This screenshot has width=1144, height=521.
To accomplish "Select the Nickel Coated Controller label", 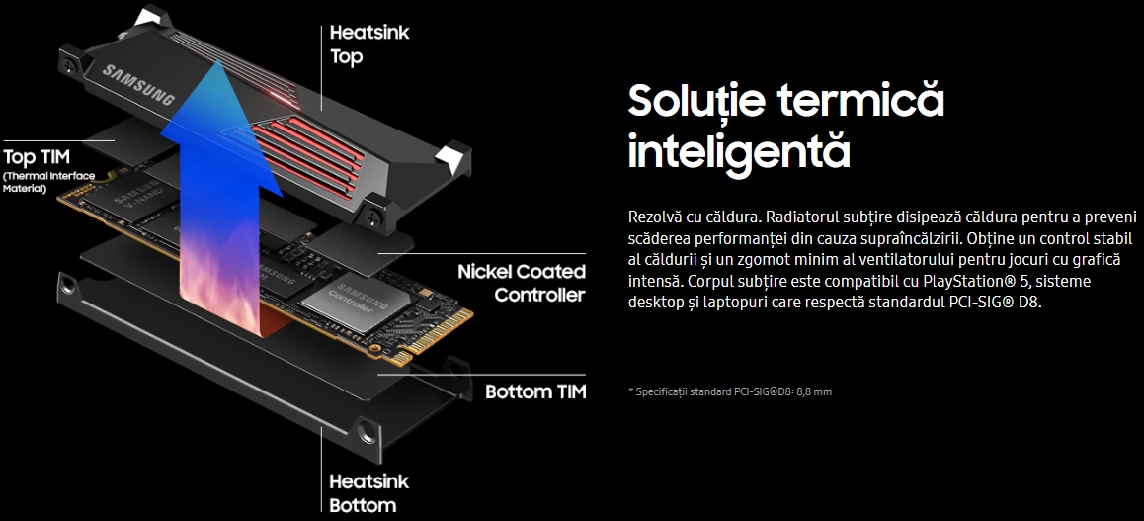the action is (x=521, y=283).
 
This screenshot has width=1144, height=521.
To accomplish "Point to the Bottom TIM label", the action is (x=535, y=391).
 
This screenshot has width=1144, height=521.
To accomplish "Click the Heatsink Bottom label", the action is (x=369, y=493).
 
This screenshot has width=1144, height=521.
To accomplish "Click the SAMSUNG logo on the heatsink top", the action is (x=138, y=85).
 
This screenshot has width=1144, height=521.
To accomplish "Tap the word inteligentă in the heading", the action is (x=739, y=150).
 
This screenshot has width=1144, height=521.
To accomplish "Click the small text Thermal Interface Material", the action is (x=48, y=183).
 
